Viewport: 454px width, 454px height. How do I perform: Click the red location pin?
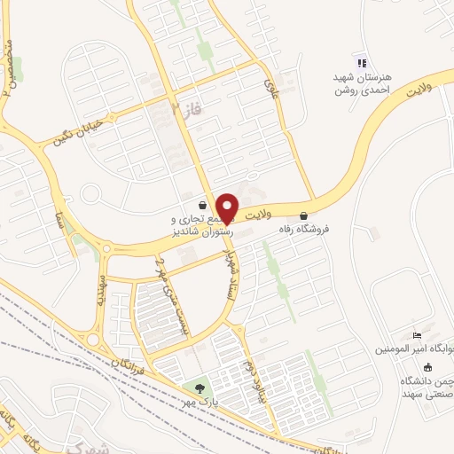point(227,207)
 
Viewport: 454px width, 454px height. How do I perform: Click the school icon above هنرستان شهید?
point(361,62)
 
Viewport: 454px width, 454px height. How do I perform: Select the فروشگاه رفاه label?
point(304,229)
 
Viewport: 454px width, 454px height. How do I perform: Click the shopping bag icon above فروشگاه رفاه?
point(304,215)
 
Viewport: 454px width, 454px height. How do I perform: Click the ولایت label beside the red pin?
point(254,214)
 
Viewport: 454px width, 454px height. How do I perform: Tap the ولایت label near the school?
point(417,89)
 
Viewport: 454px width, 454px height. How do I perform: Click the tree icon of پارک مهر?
point(200,387)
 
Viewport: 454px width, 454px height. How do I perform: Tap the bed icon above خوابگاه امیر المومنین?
point(416,335)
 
